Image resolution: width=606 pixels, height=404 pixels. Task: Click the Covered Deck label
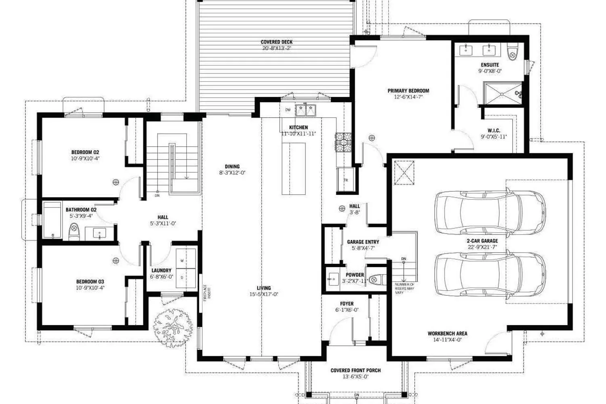276,42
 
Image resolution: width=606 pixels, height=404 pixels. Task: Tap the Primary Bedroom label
408,91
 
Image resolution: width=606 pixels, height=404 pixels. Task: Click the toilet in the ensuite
512,53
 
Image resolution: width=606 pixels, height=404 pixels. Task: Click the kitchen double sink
305,110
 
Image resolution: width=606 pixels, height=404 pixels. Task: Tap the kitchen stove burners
343,142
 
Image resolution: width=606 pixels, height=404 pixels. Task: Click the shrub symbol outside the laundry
173,328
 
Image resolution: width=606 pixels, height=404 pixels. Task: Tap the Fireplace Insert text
207,293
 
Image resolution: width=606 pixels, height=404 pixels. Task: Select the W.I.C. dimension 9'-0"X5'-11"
493,137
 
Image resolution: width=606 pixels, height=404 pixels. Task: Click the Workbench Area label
447,334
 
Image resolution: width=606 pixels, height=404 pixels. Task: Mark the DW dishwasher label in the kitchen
288,110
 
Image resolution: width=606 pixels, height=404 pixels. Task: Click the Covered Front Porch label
356,370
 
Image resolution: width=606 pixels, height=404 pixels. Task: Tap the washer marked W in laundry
182,261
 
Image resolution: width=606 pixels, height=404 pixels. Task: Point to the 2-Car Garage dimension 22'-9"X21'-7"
482,247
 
